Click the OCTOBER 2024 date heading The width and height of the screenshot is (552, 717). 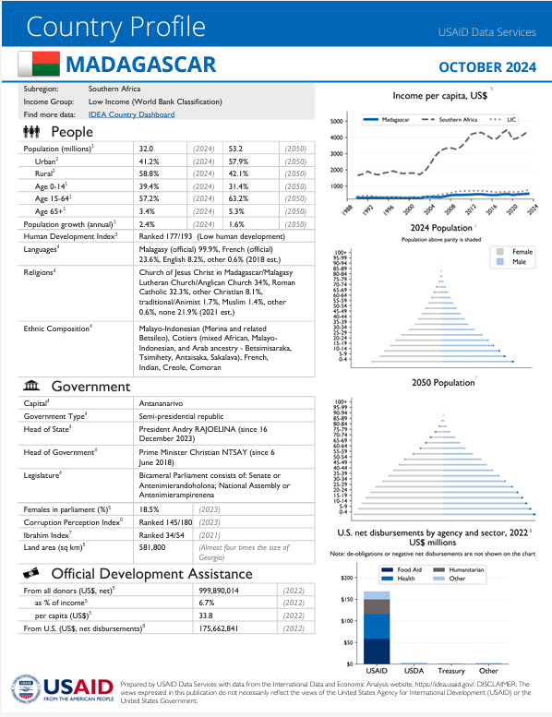click(486, 66)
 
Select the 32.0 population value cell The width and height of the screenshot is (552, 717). click(146, 148)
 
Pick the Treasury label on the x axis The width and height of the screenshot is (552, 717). click(451, 671)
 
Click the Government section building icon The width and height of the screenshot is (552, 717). click(30, 386)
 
